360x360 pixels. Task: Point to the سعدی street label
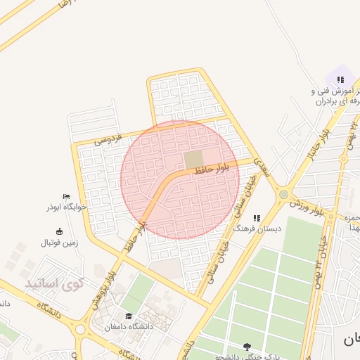point(262,167)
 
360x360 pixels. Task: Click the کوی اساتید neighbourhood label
point(54,284)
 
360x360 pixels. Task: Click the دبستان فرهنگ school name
point(258,229)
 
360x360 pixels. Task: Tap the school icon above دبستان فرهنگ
point(257,218)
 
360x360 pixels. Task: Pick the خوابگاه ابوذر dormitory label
point(66,207)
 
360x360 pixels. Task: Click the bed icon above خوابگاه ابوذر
point(66,196)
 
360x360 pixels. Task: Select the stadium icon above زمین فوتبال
point(59,231)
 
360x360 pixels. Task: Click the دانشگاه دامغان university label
point(128,327)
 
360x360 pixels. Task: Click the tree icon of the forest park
point(247,346)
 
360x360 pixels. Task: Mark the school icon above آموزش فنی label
point(340,79)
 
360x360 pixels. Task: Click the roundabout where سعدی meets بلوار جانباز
point(283,194)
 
